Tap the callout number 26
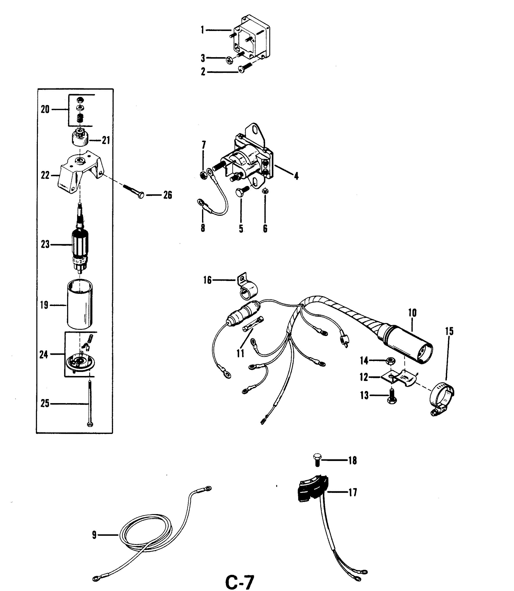point(168,195)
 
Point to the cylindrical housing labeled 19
point(80,306)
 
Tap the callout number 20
point(45,109)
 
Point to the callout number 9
point(94,535)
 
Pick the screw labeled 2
point(245,68)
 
